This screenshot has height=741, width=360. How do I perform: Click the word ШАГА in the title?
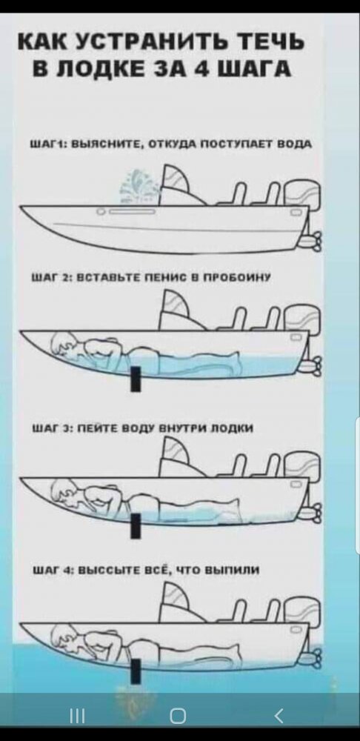(255, 69)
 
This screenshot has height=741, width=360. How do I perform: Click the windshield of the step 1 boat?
(179, 183)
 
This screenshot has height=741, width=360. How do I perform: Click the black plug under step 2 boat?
(136, 379)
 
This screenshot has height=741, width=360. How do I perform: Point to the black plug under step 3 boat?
(136, 526)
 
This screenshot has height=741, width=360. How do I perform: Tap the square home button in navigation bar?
(178, 717)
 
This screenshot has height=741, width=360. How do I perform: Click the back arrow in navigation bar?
(278, 717)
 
